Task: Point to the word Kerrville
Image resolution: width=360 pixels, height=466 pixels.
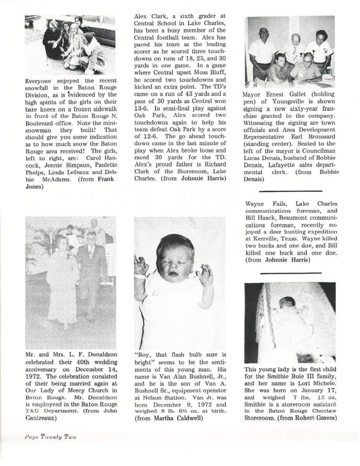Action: (264, 232)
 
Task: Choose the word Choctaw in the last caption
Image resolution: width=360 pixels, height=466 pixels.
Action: (323, 411)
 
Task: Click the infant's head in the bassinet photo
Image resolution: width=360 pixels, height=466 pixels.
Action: (288, 303)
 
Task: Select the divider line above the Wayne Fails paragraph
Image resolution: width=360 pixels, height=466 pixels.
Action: (290, 191)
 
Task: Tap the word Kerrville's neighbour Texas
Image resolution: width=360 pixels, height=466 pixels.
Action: (290, 232)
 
